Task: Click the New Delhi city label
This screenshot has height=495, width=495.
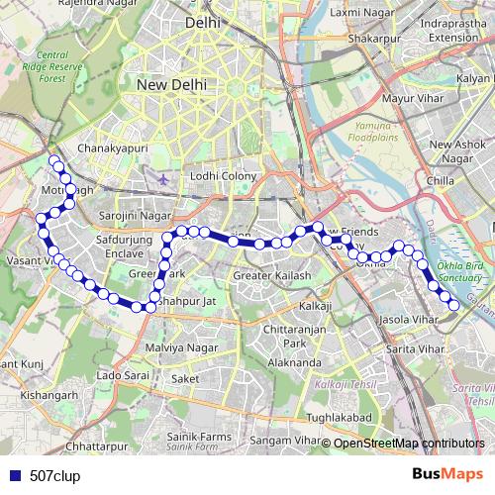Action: pos(172,85)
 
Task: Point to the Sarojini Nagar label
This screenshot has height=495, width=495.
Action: pos(137,214)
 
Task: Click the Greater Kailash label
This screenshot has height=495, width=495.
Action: pos(271,275)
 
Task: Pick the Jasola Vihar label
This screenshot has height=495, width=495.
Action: pos(408,321)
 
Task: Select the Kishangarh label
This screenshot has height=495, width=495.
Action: pos(49,395)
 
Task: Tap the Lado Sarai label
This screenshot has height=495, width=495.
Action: pos(123,377)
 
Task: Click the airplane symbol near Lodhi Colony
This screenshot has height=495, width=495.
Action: pos(164,180)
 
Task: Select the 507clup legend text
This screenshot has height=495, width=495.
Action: pos(54,475)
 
